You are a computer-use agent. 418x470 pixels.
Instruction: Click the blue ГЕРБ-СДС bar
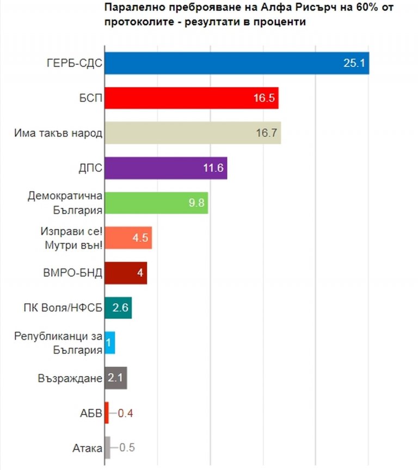click(x=237, y=63)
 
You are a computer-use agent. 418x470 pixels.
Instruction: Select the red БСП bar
click(x=191, y=98)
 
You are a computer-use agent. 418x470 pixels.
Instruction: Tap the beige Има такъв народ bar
click(x=192, y=133)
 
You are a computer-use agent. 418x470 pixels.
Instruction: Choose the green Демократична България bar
click(x=156, y=203)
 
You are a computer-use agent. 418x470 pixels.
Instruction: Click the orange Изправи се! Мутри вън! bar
click(x=128, y=237)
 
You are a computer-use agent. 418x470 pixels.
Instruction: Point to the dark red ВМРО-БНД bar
click(x=125, y=273)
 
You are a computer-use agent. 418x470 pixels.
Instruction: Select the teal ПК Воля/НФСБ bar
click(x=118, y=308)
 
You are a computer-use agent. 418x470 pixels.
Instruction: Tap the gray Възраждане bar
click(x=115, y=378)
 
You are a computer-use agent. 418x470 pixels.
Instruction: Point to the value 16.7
click(x=267, y=133)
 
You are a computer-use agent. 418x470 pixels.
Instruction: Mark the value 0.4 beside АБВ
click(x=125, y=413)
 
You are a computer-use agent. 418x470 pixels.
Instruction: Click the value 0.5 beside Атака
click(x=127, y=448)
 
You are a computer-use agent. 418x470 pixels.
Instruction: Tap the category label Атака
click(x=87, y=448)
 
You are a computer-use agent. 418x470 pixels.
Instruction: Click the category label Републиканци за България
click(x=59, y=343)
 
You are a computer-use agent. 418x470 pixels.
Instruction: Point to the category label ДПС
click(x=90, y=168)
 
